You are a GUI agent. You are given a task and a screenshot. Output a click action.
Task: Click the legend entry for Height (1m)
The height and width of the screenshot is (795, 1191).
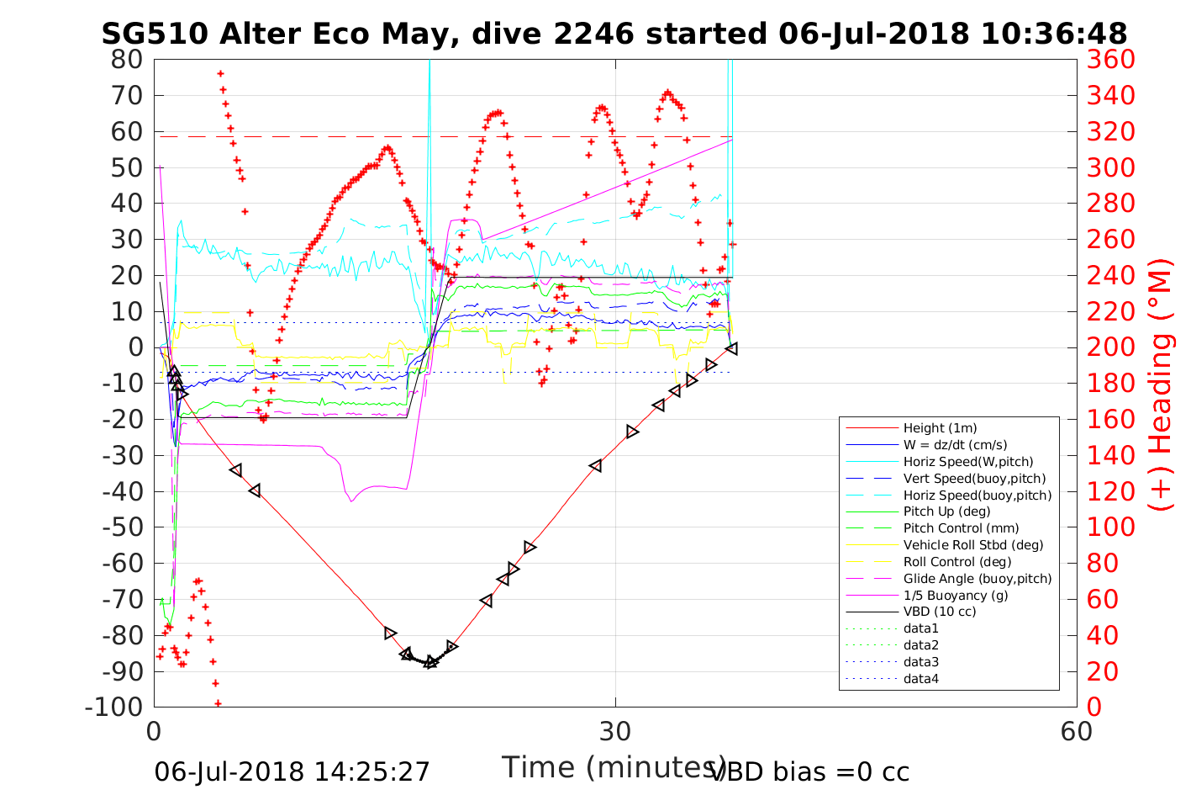coord(940,428)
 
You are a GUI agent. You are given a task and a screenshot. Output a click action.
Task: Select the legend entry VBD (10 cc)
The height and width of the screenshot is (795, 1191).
coord(940,612)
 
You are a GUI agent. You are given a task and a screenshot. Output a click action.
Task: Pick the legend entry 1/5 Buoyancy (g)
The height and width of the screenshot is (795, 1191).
coord(956,595)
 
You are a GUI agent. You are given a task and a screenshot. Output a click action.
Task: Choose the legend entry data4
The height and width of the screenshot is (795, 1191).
coord(920,678)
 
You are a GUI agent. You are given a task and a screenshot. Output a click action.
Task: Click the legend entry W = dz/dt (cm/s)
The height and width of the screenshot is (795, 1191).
coord(955,445)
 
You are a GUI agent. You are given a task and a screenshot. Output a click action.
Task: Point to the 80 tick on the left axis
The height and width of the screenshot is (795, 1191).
coord(128,60)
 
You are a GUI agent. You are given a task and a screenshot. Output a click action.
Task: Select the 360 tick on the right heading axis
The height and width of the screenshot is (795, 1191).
coord(1110,60)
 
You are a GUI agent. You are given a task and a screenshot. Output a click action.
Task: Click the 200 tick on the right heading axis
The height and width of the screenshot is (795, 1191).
coord(1110,347)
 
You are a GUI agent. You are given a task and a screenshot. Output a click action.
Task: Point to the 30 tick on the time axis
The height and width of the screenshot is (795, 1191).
coord(615,731)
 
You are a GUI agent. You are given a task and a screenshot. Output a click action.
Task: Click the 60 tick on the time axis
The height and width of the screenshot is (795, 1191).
coord(1077,731)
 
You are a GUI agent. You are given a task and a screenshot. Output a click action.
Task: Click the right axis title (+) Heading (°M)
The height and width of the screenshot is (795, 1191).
coord(1161,383)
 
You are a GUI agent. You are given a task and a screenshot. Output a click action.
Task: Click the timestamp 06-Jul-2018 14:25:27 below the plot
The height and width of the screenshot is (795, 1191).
coord(292,771)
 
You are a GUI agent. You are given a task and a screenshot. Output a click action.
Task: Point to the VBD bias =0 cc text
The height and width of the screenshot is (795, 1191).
coord(809,771)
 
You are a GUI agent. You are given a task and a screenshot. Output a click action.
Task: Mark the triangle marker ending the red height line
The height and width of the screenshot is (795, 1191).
coord(732,348)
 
